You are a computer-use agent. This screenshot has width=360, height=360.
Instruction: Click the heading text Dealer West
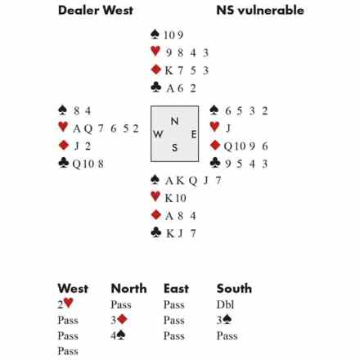tap(96, 11)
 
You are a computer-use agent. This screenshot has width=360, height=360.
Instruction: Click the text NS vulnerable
tap(260, 11)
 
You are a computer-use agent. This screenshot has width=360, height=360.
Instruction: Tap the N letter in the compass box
tap(174, 121)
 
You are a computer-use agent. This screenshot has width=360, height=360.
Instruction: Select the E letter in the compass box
tap(194, 134)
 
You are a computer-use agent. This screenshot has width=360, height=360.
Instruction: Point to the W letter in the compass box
tap(158, 134)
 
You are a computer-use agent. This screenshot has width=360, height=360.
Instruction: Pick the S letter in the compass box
tap(174, 147)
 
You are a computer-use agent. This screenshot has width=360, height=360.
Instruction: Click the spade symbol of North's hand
tap(155, 34)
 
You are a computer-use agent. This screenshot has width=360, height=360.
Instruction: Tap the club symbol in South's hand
tap(155, 232)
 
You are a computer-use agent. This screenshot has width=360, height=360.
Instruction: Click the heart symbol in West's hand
tap(63, 127)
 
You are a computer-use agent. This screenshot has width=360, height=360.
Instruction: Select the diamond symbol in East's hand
tap(215, 145)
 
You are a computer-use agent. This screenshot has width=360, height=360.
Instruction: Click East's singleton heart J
tap(228, 128)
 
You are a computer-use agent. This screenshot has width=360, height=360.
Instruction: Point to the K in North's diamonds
tap(169, 70)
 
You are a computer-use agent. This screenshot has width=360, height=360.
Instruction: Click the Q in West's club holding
tap(77, 164)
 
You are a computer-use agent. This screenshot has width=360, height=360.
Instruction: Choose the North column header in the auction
tap(128, 289)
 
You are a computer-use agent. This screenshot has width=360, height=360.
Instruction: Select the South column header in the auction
tap(234, 289)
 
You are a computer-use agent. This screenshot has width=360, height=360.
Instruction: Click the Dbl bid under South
tap(225, 304)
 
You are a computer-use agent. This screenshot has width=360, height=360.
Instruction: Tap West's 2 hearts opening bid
tap(65, 304)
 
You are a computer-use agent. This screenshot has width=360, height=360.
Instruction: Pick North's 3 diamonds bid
tap(119, 320)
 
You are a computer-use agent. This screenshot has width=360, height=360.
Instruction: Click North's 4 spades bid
tap(118, 335)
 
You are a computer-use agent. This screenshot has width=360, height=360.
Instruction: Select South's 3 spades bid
tap(224, 320)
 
